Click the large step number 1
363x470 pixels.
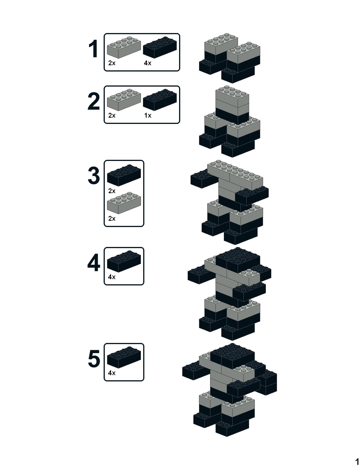click(94, 49)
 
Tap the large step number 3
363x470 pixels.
click(94, 175)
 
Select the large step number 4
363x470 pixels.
click(94, 263)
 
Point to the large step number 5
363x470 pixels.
click(94, 359)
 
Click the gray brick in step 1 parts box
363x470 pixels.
click(124, 47)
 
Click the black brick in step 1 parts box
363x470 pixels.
click(160, 47)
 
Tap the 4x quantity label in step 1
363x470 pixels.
click(148, 63)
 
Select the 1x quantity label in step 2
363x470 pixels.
click(148, 115)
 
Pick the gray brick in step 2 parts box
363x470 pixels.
click(124, 100)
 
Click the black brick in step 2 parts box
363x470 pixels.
click(160, 100)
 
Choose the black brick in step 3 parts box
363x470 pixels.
click(124, 175)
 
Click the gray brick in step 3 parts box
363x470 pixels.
click(124, 203)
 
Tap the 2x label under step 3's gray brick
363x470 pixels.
click(112, 218)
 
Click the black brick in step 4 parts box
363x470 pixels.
click(124, 261)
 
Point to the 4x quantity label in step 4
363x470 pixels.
click(112, 277)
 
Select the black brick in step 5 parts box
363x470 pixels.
click(124, 357)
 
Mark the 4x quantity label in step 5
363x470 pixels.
click(112, 373)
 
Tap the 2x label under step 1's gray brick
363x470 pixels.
click(112, 63)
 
